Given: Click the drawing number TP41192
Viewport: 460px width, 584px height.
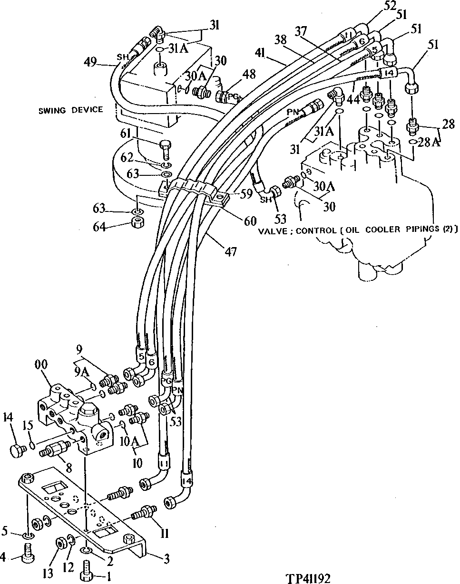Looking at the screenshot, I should pyautogui.click(x=308, y=578).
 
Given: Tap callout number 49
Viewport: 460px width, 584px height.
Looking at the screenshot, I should pyautogui.click(x=90, y=61).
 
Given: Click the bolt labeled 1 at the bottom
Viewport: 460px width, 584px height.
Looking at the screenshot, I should pyautogui.click(x=87, y=569).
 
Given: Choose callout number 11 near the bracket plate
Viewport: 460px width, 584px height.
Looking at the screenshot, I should pyautogui.click(x=164, y=534).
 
